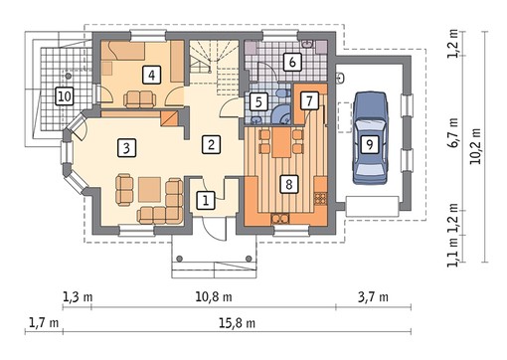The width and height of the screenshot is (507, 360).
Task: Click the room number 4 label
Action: [151, 75]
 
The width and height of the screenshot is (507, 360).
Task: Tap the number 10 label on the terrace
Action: [65, 96]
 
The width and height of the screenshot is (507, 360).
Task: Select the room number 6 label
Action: [292, 62]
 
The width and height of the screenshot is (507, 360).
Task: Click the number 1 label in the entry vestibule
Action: [206, 200]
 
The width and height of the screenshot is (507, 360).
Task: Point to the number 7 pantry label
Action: [309, 100]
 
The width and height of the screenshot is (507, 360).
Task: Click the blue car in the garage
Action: [370, 138]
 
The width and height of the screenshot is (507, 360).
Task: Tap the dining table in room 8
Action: [282, 142]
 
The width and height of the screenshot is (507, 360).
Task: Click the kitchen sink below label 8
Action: [280, 219]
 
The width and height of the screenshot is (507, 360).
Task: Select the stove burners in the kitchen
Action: [320, 199]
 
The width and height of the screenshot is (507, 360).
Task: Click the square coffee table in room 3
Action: [149, 189]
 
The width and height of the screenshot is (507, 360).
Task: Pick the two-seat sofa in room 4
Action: [140, 99]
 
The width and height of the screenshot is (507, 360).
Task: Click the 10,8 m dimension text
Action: [214, 296]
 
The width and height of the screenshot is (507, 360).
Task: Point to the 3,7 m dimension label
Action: [373, 296]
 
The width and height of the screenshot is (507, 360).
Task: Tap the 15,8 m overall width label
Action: [237, 322]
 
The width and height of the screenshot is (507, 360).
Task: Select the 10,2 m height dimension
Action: [476, 146]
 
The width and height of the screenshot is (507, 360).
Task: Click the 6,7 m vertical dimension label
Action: [453, 132]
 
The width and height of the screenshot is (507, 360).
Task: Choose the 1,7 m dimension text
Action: [44, 322]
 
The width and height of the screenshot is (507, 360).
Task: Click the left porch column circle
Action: [180, 259]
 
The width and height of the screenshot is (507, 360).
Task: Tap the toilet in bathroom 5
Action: [280, 92]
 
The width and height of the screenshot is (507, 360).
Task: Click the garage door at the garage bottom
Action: [372, 206]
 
